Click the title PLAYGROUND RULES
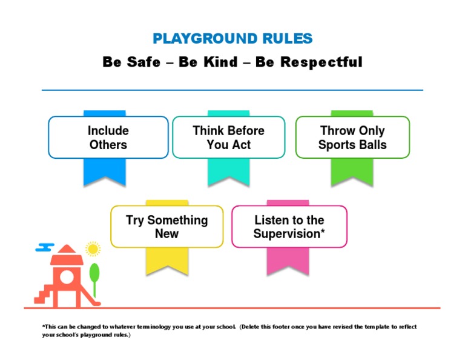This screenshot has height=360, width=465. click(232, 39)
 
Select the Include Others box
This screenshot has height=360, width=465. click(108, 138)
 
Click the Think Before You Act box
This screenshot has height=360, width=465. click(228, 138)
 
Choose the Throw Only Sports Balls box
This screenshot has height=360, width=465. click(352, 138)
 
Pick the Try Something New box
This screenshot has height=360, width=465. click(167, 227)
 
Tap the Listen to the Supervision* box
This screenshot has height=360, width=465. click(289, 227)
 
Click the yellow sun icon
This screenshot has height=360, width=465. click(93, 248)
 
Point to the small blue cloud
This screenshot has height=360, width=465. click(45, 247)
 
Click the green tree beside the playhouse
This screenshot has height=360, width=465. click(94, 273)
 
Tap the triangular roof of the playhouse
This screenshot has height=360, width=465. click(67, 252)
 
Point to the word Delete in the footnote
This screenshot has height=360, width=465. click(249, 327)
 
